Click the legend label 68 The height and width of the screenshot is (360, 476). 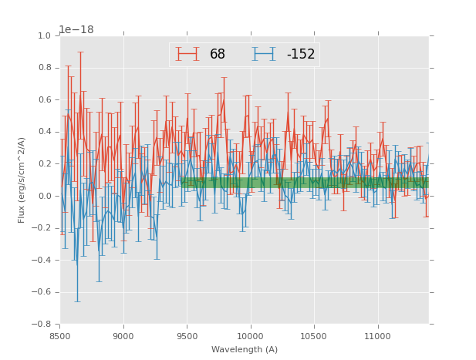pyautogui.click(x=218, y=54)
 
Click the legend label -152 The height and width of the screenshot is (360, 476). pyautogui.click(x=300, y=54)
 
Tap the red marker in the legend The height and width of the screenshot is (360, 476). pyautogui.click(x=187, y=54)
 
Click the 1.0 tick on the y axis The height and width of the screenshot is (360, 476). pyautogui.click(x=45, y=35)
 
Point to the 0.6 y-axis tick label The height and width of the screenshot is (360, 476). pyautogui.click(x=45, y=99)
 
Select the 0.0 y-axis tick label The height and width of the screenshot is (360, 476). pyautogui.click(x=45, y=196)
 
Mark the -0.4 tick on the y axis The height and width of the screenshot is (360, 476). pyautogui.click(x=42, y=260)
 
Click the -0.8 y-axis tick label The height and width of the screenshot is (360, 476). pyautogui.click(x=42, y=324)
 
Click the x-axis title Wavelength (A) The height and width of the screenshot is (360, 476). pyautogui.click(x=245, y=349)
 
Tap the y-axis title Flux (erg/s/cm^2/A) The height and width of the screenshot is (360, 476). pyautogui.click(x=22, y=180)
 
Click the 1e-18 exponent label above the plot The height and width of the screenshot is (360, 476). pyautogui.click(x=77, y=29)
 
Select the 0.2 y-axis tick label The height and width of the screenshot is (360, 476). pyautogui.click(x=45, y=163)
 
